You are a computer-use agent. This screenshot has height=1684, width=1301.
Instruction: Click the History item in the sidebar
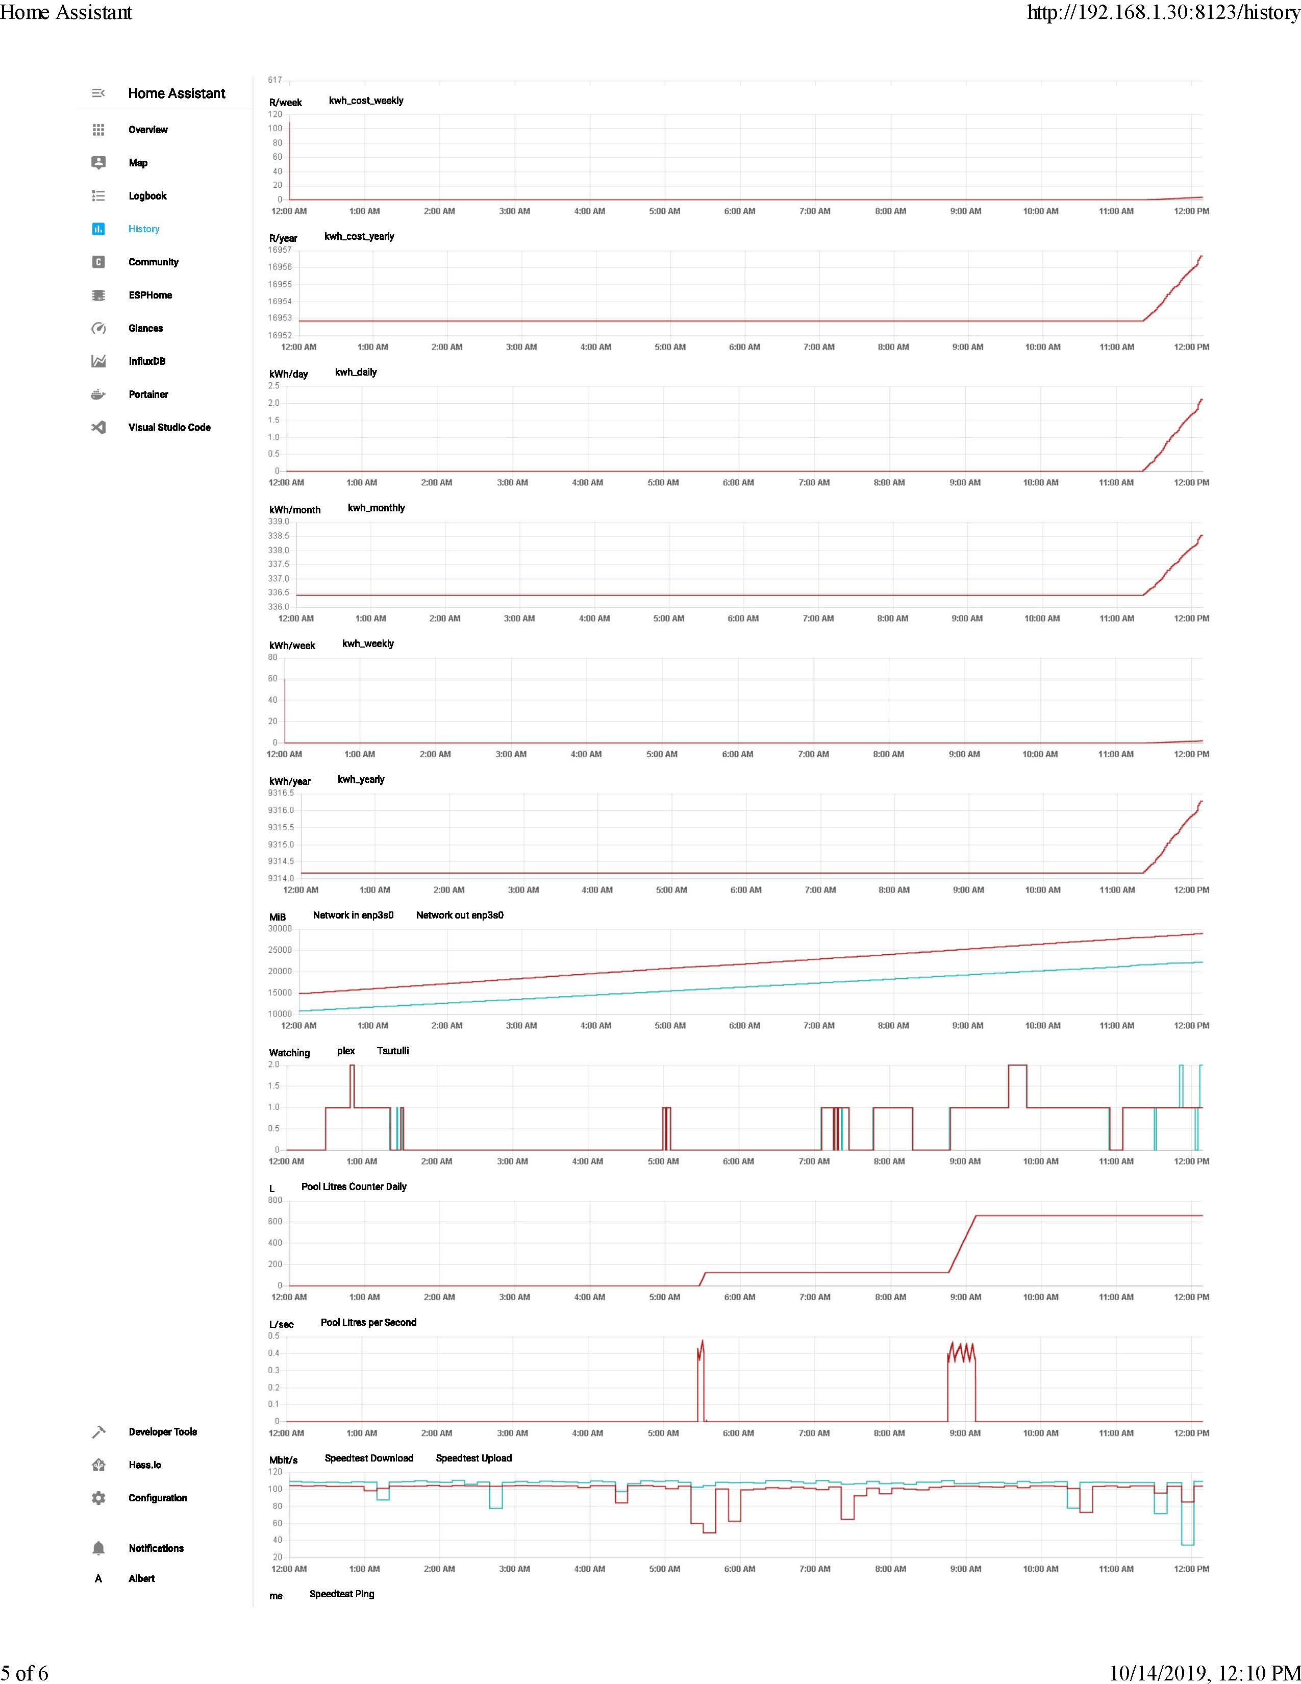(143, 229)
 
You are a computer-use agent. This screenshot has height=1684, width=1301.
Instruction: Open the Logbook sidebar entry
(147, 196)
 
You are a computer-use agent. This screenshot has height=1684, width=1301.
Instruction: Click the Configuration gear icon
(98, 1497)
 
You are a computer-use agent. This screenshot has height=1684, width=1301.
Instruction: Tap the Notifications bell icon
(98, 1548)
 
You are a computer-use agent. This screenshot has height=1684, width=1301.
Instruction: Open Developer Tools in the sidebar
(163, 1432)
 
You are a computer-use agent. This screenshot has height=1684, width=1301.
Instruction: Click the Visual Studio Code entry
(169, 427)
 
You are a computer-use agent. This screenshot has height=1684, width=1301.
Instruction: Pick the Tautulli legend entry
(392, 1051)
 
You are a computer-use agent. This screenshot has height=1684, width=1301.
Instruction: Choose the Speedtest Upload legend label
(473, 1458)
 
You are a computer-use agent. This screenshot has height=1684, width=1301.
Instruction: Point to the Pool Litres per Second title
(368, 1322)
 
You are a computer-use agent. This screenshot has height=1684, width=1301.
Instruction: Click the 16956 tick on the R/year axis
(280, 267)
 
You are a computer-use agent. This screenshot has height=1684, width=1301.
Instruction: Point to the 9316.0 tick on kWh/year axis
(281, 810)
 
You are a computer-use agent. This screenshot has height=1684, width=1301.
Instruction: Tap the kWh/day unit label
(288, 374)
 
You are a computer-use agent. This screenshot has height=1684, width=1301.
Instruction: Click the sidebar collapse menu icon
(98, 93)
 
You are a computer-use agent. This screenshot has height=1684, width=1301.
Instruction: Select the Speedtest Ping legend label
(341, 1594)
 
